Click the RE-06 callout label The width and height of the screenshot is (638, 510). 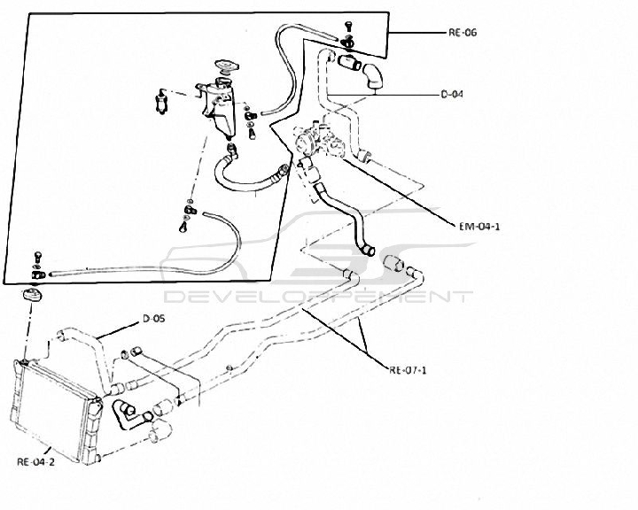coord(463,33)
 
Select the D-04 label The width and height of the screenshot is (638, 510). coord(452,95)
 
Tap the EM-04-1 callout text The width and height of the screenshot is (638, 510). coord(478,226)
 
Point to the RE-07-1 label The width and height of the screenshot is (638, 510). coord(408,370)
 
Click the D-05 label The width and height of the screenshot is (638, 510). coord(154,319)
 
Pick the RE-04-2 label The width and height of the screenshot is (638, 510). coord(35,462)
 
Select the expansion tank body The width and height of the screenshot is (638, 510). coord(219,109)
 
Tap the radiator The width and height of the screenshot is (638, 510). coord(56,411)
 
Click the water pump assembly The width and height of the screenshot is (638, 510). coord(322,138)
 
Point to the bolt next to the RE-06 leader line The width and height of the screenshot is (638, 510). coord(348,26)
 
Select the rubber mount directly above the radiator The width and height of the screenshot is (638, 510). coord(31,294)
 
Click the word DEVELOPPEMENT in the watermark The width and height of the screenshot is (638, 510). coord(318,297)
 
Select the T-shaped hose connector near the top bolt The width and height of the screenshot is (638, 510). coord(348,62)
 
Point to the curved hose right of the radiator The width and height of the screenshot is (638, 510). coord(122,415)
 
